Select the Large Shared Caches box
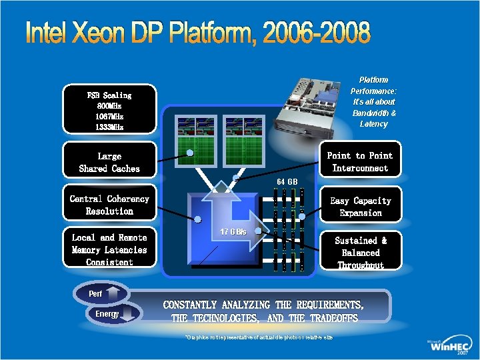point(109,162)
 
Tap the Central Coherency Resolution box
point(109,205)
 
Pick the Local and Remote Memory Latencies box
point(109,249)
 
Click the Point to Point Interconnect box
point(360,161)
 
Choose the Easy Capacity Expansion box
point(360,207)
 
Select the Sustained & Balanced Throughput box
point(360,252)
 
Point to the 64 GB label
point(287,181)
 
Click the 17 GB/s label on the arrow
point(233,231)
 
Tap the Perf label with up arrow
point(97,293)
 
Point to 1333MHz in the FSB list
point(109,127)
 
